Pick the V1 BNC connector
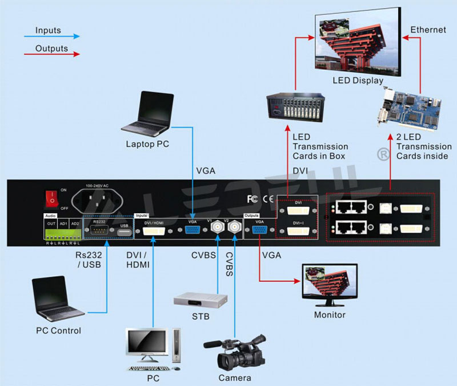[x=217, y=230]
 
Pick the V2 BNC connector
[x=234, y=230]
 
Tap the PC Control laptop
[x=57, y=299]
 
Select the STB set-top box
[x=201, y=301]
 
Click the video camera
[x=235, y=352]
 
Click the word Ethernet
[x=428, y=29]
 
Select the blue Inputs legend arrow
[x=51, y=36]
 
